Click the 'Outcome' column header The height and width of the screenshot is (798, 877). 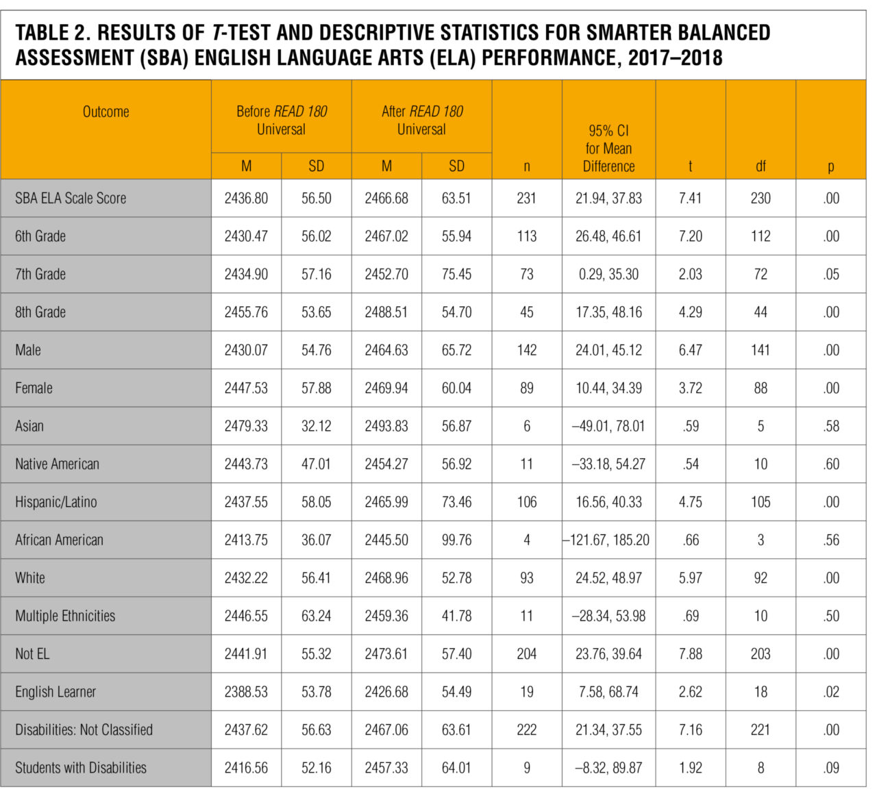coord(106,112)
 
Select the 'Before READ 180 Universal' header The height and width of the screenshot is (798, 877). coord(281,120)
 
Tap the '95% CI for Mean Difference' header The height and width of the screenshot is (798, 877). coord(608,148)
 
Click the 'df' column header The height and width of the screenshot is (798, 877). coord(761,166)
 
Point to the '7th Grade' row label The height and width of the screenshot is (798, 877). coord(40,274)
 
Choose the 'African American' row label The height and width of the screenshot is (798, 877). coord(59,540)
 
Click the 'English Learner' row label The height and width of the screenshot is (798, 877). coord(55,692)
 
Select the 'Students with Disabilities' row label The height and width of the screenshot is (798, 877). coord(81,768)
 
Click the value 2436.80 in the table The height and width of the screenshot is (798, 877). coord(246,199)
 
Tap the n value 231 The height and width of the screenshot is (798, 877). coord(526,199)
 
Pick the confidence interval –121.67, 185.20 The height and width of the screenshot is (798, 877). coord(607,540)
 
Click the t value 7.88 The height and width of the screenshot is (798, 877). coord(690,654)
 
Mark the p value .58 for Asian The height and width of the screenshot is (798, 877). coord(831,426)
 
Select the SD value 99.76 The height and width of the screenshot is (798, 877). coord(456,540)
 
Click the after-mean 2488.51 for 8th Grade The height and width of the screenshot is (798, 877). coord(386,312)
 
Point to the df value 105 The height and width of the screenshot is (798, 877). coord(761,502)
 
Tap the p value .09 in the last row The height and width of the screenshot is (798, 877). coord(831,768)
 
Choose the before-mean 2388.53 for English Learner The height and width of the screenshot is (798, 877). coord(246,692)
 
